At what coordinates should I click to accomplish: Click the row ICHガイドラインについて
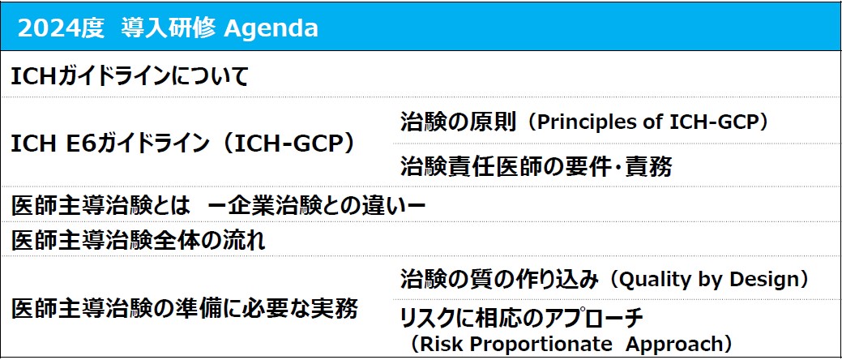tap(130, 77)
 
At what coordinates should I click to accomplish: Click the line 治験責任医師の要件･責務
tap(536, 167)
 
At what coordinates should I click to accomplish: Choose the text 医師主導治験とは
tap(101, 205)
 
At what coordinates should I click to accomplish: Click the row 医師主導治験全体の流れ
tap(138, 240)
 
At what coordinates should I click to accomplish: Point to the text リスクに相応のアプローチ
tap(521, 319)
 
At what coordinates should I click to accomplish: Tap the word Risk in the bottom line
tap(442, 343)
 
